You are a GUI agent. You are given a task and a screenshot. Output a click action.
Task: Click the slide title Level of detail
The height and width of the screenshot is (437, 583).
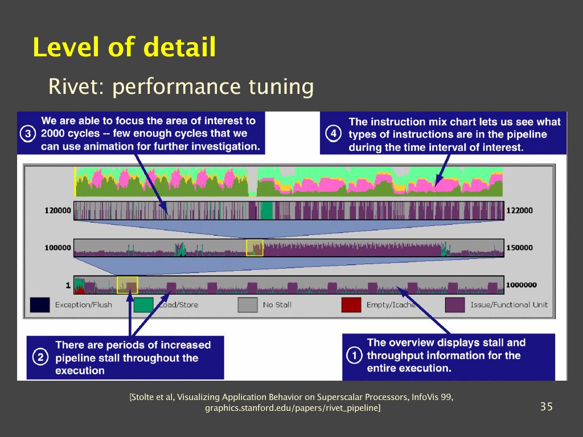124,47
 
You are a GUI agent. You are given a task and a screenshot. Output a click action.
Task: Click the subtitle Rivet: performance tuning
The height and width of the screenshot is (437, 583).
181,87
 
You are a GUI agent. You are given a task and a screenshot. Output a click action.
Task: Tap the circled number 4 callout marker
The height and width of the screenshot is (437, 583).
334,134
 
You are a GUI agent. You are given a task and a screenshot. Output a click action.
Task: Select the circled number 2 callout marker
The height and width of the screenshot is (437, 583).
40,358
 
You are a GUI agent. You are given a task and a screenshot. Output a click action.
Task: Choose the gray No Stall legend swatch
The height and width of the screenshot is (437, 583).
247,305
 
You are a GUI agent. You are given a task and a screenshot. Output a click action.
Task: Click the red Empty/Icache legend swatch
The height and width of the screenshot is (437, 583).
351,305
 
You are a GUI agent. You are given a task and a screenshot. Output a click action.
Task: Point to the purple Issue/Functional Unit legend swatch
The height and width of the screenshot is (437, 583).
454,305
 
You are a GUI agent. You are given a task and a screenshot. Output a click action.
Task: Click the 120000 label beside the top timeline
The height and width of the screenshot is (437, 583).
58,211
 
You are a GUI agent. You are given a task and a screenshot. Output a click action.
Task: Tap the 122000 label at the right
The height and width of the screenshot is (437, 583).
519,211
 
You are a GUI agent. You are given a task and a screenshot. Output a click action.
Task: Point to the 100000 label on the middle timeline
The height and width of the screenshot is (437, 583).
58,248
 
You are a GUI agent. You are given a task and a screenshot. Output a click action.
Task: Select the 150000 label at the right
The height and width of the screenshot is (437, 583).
519,248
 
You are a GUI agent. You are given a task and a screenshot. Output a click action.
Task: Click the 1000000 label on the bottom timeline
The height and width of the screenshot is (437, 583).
522,285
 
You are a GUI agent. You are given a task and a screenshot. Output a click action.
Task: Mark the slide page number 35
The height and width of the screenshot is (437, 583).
546,406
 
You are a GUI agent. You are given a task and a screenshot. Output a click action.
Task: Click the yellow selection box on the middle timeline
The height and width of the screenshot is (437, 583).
254,248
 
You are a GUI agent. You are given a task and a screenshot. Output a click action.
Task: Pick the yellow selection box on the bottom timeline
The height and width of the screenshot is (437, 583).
128,285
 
